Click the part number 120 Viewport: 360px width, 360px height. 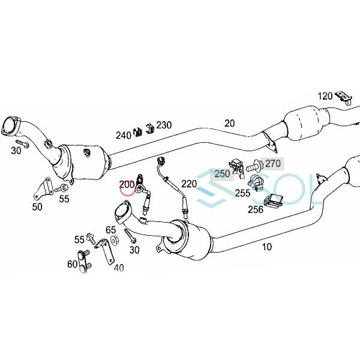(x=325, y=96)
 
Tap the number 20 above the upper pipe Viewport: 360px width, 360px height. (x=230, y=123)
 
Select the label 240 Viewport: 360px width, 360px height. (x=123, y=135)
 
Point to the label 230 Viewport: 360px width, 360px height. (x=164, y=125)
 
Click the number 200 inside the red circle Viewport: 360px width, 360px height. (x=127, y=185)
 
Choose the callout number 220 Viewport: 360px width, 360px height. (x=189, y=184)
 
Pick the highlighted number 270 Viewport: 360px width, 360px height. (x=273, y=163)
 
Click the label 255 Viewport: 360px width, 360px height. (x=243, y=193)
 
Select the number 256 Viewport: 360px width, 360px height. (x=256, y=210)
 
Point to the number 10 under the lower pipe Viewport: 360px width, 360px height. (x=267, y=246)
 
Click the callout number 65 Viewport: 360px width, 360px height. (x=112, y=230)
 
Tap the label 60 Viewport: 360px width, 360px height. (x=73, y=264)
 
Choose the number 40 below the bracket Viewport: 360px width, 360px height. (x=119, y=268)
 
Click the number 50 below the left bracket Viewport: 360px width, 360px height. (x=37, y=207)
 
